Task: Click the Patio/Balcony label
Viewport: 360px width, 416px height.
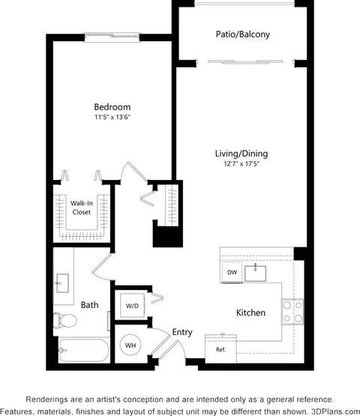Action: pos(243,34)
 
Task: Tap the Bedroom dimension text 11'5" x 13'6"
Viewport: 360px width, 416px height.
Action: pos(112,117)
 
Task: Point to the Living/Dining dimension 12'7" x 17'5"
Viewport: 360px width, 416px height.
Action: pos(241,163)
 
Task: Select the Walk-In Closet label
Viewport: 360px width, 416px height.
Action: pos(82,208)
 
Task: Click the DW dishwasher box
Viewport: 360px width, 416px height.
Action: pos(232,272)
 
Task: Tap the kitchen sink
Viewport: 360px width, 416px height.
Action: pos(255,274)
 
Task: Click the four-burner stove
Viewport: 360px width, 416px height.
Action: pos(292,312)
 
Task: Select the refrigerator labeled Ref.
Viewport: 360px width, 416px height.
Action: pos(220,349)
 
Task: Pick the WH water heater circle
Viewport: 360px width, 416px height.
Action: pos(130,345)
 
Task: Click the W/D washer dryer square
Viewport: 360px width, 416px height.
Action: pos(132,306)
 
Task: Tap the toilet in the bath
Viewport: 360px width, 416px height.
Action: pos(64,320)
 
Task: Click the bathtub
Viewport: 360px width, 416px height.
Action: pos(84,351)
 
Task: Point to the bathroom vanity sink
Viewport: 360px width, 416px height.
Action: pos(63,283)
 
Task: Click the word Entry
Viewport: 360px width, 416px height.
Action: pos(182,332)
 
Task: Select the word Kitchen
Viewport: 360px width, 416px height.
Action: pos(250,313)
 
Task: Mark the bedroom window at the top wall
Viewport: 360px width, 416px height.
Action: pos(112,37)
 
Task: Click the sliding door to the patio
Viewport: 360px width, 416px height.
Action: pos(245,62)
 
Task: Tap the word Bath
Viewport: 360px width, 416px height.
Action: pos(89,305)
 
